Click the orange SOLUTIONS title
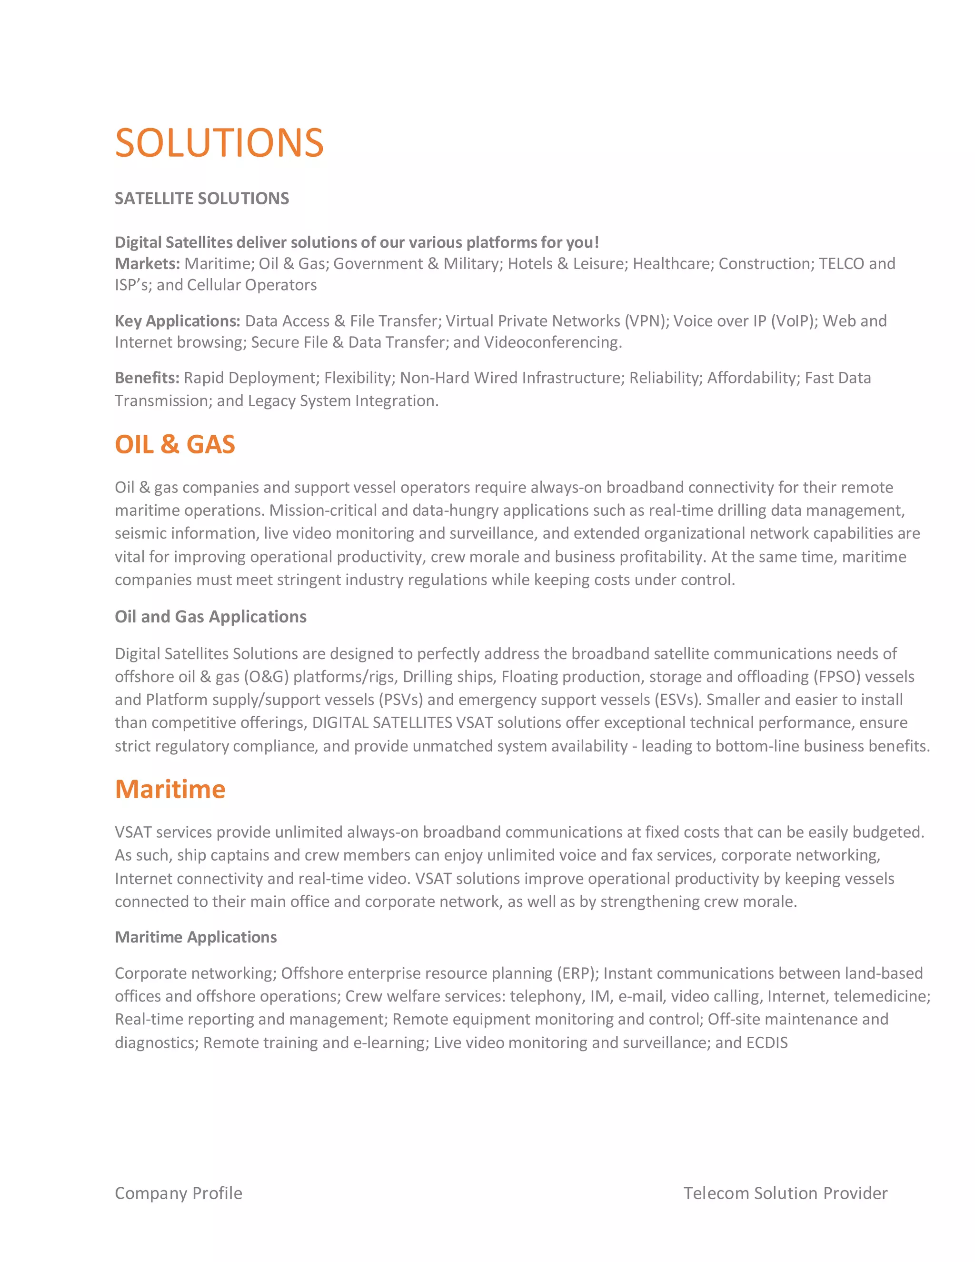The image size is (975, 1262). pyautogui.click(x=219, y=143)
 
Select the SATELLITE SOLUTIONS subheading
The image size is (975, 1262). pyautogui.click(x=201, y=198)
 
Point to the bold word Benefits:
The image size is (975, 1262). pyautogui.click(x=147, y=378)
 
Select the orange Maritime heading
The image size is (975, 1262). pyautogui.click(x=170, y=789)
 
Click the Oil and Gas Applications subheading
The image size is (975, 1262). pyautogui.click(x=210, y=617)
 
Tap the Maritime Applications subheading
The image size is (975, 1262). pyautogui.click(x=196, y=937)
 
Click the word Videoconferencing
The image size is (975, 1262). pyautogui.click(x=552, y=343)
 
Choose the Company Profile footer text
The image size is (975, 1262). pyautogui.click(x=179, y=1193)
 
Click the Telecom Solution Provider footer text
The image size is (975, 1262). pyautogui.click(x=786, y=1193)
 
